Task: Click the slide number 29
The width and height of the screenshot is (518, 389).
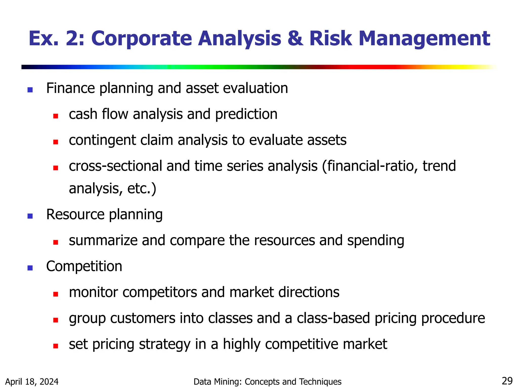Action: click(507, 381)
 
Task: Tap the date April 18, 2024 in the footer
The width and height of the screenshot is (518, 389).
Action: click(32, 382)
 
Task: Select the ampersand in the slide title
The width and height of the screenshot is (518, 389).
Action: click(295, 38)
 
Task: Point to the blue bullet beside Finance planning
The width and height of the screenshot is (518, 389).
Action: click(30, 90)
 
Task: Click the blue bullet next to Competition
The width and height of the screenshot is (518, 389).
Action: click(30, 268)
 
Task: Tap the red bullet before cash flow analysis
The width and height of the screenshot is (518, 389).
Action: click(56, 116)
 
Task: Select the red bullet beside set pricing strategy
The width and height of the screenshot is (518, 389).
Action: click(56, 346)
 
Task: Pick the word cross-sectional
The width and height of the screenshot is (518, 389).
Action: click(115, 166)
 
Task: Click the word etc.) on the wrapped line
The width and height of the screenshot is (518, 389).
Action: click(142, 189)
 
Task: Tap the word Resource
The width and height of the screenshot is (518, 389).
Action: click(75, 215)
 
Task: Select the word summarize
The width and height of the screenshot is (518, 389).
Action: click(103, 240)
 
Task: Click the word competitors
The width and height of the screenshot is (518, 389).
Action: click(160, 292)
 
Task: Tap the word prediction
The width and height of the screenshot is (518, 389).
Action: click(246, 114)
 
